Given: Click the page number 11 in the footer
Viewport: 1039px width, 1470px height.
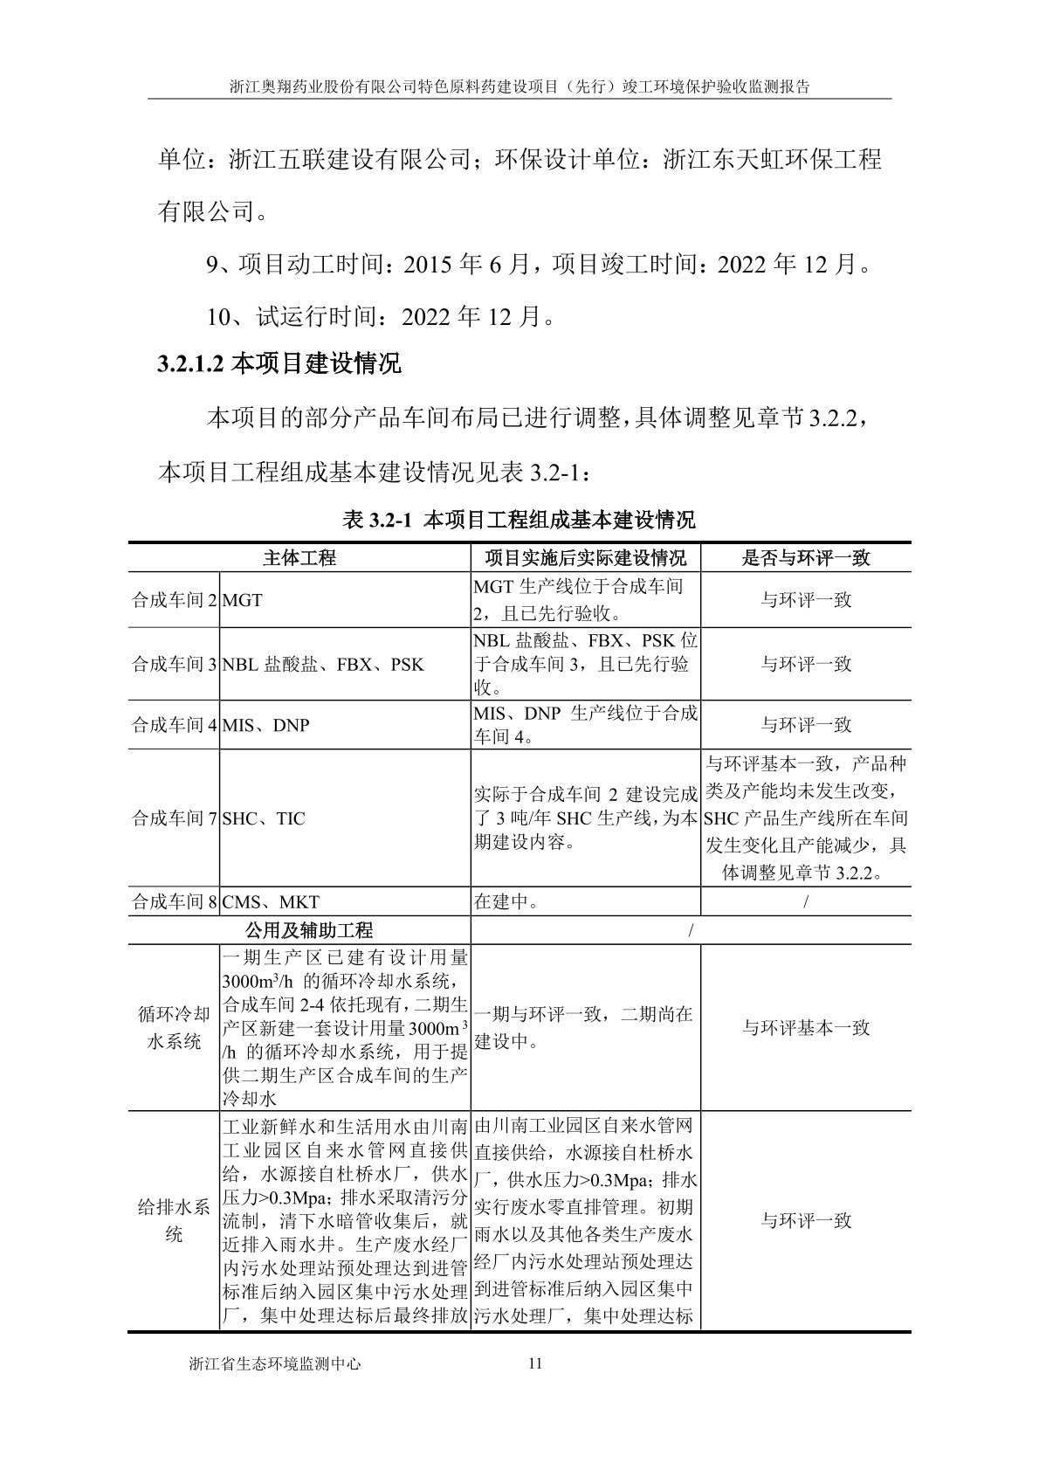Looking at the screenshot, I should click(536, 1363).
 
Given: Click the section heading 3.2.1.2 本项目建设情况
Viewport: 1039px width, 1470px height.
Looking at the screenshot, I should click(279, 363).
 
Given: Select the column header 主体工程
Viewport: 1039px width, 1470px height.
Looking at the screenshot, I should click(299, 558).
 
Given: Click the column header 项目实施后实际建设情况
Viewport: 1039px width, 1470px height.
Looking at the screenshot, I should click(586, 558).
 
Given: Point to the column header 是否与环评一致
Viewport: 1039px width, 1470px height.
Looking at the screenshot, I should click(806, 558).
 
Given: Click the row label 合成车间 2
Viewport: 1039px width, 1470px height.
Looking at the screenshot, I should click(174, 601).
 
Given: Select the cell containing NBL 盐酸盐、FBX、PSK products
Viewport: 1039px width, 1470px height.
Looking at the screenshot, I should click(323, 665).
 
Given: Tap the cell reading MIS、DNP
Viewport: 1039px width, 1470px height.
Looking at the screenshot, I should click(266, 725).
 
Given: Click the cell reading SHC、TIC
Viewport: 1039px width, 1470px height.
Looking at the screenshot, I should click(265, 819).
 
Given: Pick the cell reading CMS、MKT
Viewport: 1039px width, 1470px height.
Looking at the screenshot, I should click(272, 902).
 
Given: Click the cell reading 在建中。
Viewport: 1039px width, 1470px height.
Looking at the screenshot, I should click(506, 902).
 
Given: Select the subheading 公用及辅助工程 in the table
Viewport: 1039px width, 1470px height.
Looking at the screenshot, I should click(299, 930).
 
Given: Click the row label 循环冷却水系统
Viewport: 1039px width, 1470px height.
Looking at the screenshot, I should click(174, 1028).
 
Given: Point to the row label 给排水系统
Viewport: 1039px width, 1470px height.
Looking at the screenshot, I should click(174, 1221).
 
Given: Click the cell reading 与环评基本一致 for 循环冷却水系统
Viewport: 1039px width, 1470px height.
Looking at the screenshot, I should click(806, 1028).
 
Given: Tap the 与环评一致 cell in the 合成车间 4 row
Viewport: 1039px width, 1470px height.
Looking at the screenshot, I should click(806, 725).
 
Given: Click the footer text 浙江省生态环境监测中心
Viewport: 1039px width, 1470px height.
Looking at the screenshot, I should click(274, 1363).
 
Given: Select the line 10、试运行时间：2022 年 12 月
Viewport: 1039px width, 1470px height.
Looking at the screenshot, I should click(381, 315).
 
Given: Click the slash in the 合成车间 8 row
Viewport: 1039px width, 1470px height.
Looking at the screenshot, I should click(806, 902).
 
